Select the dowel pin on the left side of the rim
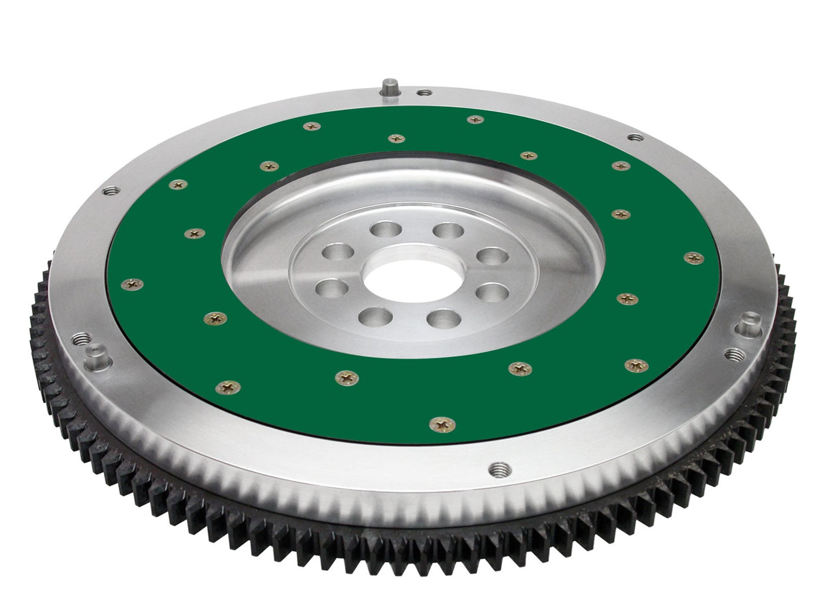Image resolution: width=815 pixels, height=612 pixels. [91, 356]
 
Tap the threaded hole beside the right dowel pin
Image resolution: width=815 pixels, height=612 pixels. [735, 355]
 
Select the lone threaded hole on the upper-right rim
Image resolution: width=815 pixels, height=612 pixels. [635, 137]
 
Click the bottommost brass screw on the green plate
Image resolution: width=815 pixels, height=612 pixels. [440, 422]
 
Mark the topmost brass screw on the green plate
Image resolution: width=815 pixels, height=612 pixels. [476, 119]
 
